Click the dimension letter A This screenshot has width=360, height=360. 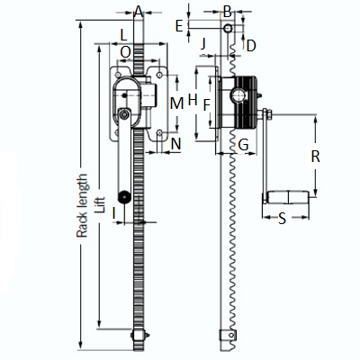click(139, 12)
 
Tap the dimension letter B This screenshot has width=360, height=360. click(228, 12)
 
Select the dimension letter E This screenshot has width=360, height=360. click(179, 26)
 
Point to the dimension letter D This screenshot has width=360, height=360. click(251, 46)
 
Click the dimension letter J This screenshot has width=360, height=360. click(203, 44)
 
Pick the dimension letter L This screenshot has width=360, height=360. click(123, 35)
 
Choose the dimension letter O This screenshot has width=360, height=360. click(126, 52)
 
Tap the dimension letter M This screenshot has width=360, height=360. click(176, 103)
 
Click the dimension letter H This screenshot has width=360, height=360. click(193, 99)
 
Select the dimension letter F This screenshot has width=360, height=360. click(206, 105)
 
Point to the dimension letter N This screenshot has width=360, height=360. click(176, 144)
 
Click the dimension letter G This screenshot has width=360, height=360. click(244, 145)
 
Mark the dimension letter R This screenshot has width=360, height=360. click(315, 157)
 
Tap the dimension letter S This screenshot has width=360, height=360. click(282, 219)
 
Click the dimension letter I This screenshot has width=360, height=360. click(113, 213)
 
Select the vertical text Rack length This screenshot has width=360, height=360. click(82, 206)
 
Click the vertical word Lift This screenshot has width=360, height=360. click(100, 205)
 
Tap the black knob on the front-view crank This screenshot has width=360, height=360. click(123, 196)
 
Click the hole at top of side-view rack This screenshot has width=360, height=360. click(228, 28)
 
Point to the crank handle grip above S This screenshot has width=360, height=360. click(287, 197)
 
